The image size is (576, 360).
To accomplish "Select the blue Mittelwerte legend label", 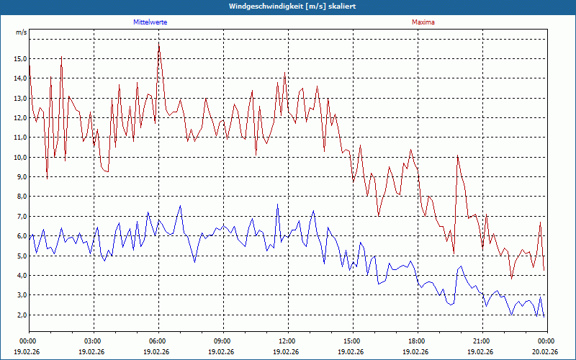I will [x=150, y=22].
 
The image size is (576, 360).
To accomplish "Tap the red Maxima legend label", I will [x=423, y=22].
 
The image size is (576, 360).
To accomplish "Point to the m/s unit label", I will [x=21, y=33].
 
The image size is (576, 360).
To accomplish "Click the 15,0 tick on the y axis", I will [x=20, y=59].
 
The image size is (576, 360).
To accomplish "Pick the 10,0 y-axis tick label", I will [x=20, y=157].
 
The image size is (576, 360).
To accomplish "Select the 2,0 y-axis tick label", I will [x=22, y=315].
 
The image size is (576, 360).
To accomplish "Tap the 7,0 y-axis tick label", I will [x=22, y=216].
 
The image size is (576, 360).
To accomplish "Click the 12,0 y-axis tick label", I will [x=20, y=118].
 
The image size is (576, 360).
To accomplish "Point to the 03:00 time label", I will [x=93, y=341].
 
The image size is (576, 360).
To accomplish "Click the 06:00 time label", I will [x=158, y=341].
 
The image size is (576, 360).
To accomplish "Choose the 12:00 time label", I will [x=287, y=341].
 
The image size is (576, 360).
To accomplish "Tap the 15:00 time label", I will [x=352, y=341].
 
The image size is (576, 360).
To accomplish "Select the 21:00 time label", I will [x=482, y=341].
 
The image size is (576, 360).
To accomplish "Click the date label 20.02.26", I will [x=546, y=351].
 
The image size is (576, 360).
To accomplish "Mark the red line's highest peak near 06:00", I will [x=158, y=43].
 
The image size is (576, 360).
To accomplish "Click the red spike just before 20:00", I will [x=457, y=156].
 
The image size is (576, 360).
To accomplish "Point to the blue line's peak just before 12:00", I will [x=278, y=204].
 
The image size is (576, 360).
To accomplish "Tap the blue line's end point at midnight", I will [x=544, y=317].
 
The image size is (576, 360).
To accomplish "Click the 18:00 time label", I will [x=417, y=341].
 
